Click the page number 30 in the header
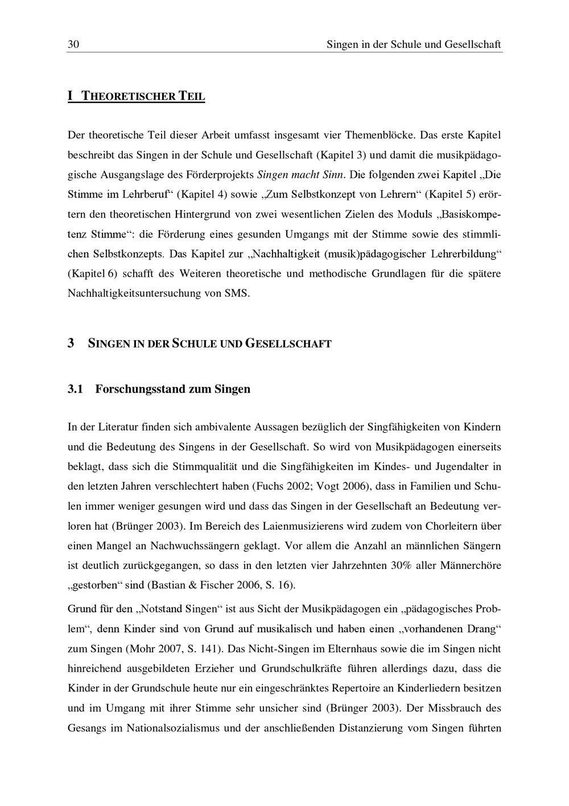(x=73, y=44)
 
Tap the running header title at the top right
(x=414, y=44)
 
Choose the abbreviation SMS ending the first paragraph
(x=237, y=294)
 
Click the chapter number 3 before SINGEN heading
(x=71, y=343)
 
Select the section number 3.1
(x=75, y=390)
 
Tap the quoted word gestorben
(x=93, y=586)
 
